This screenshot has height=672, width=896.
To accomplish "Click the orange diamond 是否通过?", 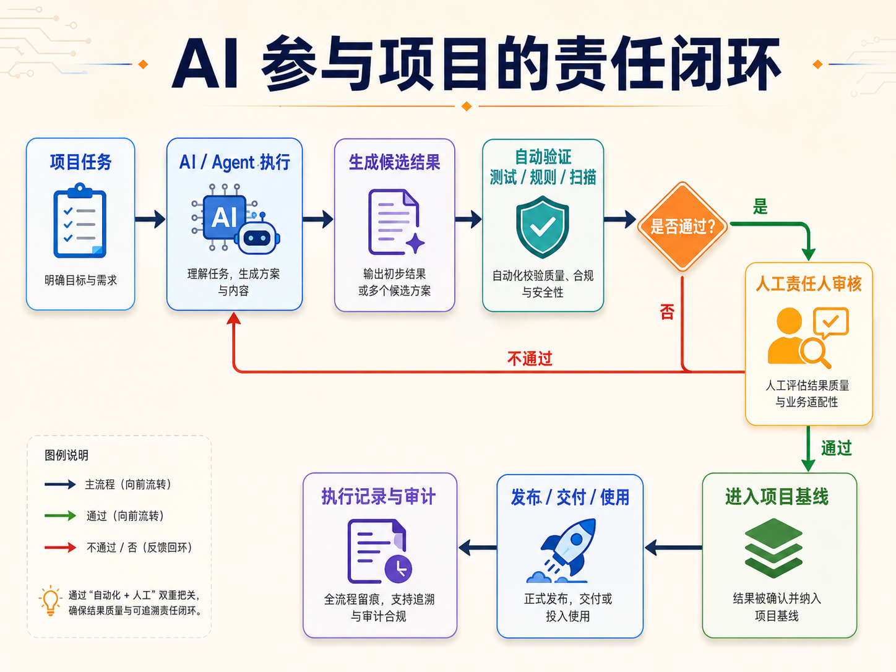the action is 682,226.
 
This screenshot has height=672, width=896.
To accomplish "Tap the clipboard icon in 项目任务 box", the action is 80,220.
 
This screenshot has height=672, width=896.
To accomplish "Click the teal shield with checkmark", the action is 542,227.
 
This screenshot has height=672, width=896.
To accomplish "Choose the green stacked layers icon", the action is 773,548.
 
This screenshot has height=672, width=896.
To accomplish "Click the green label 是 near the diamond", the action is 760,207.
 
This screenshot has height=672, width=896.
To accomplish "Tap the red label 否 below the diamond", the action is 667,312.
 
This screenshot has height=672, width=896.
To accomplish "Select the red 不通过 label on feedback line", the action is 530,359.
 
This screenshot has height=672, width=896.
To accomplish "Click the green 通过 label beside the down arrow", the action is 837,448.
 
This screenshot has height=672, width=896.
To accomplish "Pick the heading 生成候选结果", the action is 394,162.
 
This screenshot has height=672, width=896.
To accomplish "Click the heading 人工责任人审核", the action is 809,283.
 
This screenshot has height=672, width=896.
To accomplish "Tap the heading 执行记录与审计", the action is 379,496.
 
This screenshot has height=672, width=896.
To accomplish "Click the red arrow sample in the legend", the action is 61,547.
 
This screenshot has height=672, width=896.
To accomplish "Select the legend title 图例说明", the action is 66,455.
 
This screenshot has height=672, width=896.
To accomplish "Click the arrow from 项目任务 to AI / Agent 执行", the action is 150,219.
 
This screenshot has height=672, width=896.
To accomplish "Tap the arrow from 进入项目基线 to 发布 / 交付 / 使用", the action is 673,548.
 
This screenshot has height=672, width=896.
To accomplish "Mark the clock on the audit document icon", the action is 398,569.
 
